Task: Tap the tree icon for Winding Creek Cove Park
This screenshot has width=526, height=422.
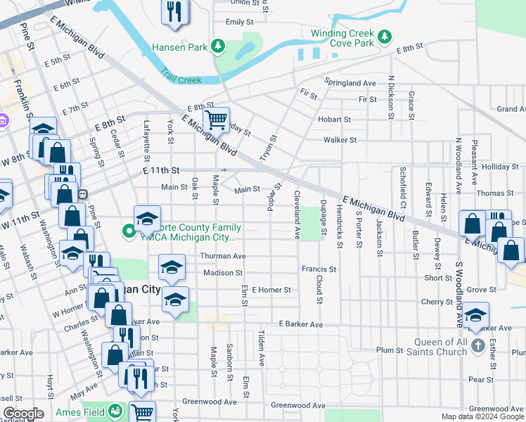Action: tap(385, 36)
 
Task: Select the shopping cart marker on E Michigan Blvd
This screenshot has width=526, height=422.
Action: tap(216, 119)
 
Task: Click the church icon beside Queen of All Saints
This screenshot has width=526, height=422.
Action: tap(477, 345)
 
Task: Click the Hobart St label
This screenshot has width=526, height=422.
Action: tap(333, 120)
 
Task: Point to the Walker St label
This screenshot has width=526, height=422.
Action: tap(340, 140)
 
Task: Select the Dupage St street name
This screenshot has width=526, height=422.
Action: tap(323, 217)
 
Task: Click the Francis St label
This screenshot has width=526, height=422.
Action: tap(319, 269)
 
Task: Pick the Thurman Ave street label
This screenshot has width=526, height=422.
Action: tap(223, 256)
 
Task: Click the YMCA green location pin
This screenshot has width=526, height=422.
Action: tap(129, 231)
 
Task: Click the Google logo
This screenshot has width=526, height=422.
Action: tap(23, 414)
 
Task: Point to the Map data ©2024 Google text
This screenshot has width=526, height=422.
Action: tap(482, 417)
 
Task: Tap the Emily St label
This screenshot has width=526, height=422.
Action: tap(239, 23)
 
